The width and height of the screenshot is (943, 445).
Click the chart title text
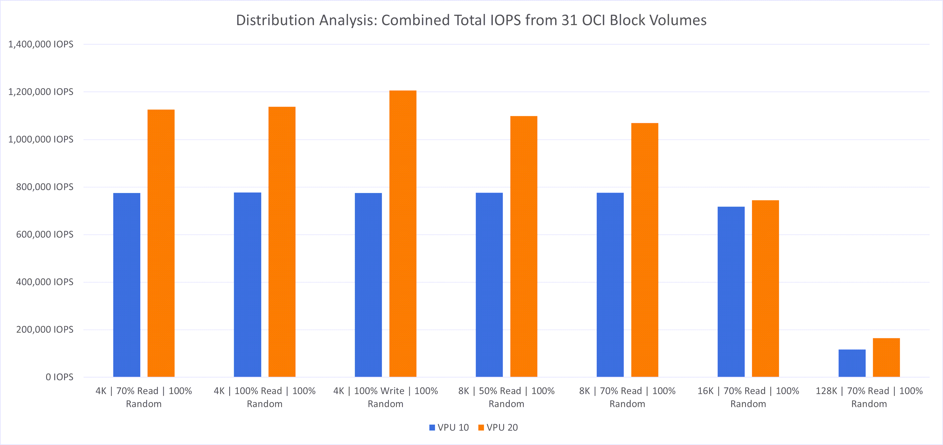471,20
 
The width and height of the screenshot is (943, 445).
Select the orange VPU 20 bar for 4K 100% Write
403,234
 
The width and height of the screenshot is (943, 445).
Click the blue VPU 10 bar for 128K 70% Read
852,363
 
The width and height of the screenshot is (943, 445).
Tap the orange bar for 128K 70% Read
886,358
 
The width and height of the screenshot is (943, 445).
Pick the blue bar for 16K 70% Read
731,292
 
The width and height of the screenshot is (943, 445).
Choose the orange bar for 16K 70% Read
766,288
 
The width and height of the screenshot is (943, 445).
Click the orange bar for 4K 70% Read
161,243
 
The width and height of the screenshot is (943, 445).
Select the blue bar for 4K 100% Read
248,285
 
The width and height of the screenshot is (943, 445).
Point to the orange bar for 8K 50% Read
524,246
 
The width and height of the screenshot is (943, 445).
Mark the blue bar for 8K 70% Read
610,285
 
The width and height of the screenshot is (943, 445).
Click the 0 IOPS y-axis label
59,377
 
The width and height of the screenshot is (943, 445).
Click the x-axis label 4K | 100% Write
385,397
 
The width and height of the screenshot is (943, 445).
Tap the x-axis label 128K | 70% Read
869,397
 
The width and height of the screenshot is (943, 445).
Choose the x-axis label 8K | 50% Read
506,397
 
